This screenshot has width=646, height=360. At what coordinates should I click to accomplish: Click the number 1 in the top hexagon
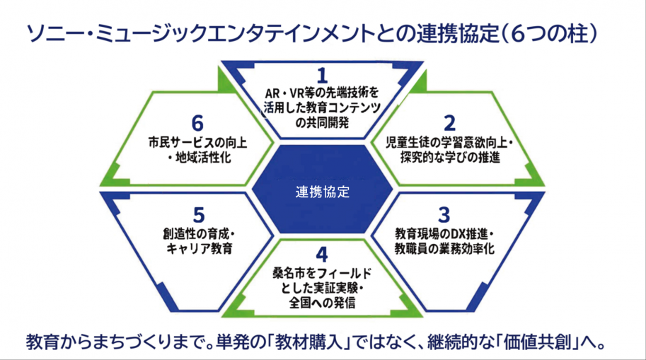tap(323, 75)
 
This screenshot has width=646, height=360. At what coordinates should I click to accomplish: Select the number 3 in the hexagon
tap(444, 214)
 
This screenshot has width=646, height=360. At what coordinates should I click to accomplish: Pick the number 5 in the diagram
tap(200, 214)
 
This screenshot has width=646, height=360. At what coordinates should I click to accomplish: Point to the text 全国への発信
tap(323, 303)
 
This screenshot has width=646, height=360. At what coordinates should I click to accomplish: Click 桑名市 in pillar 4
tap(289, 272)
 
